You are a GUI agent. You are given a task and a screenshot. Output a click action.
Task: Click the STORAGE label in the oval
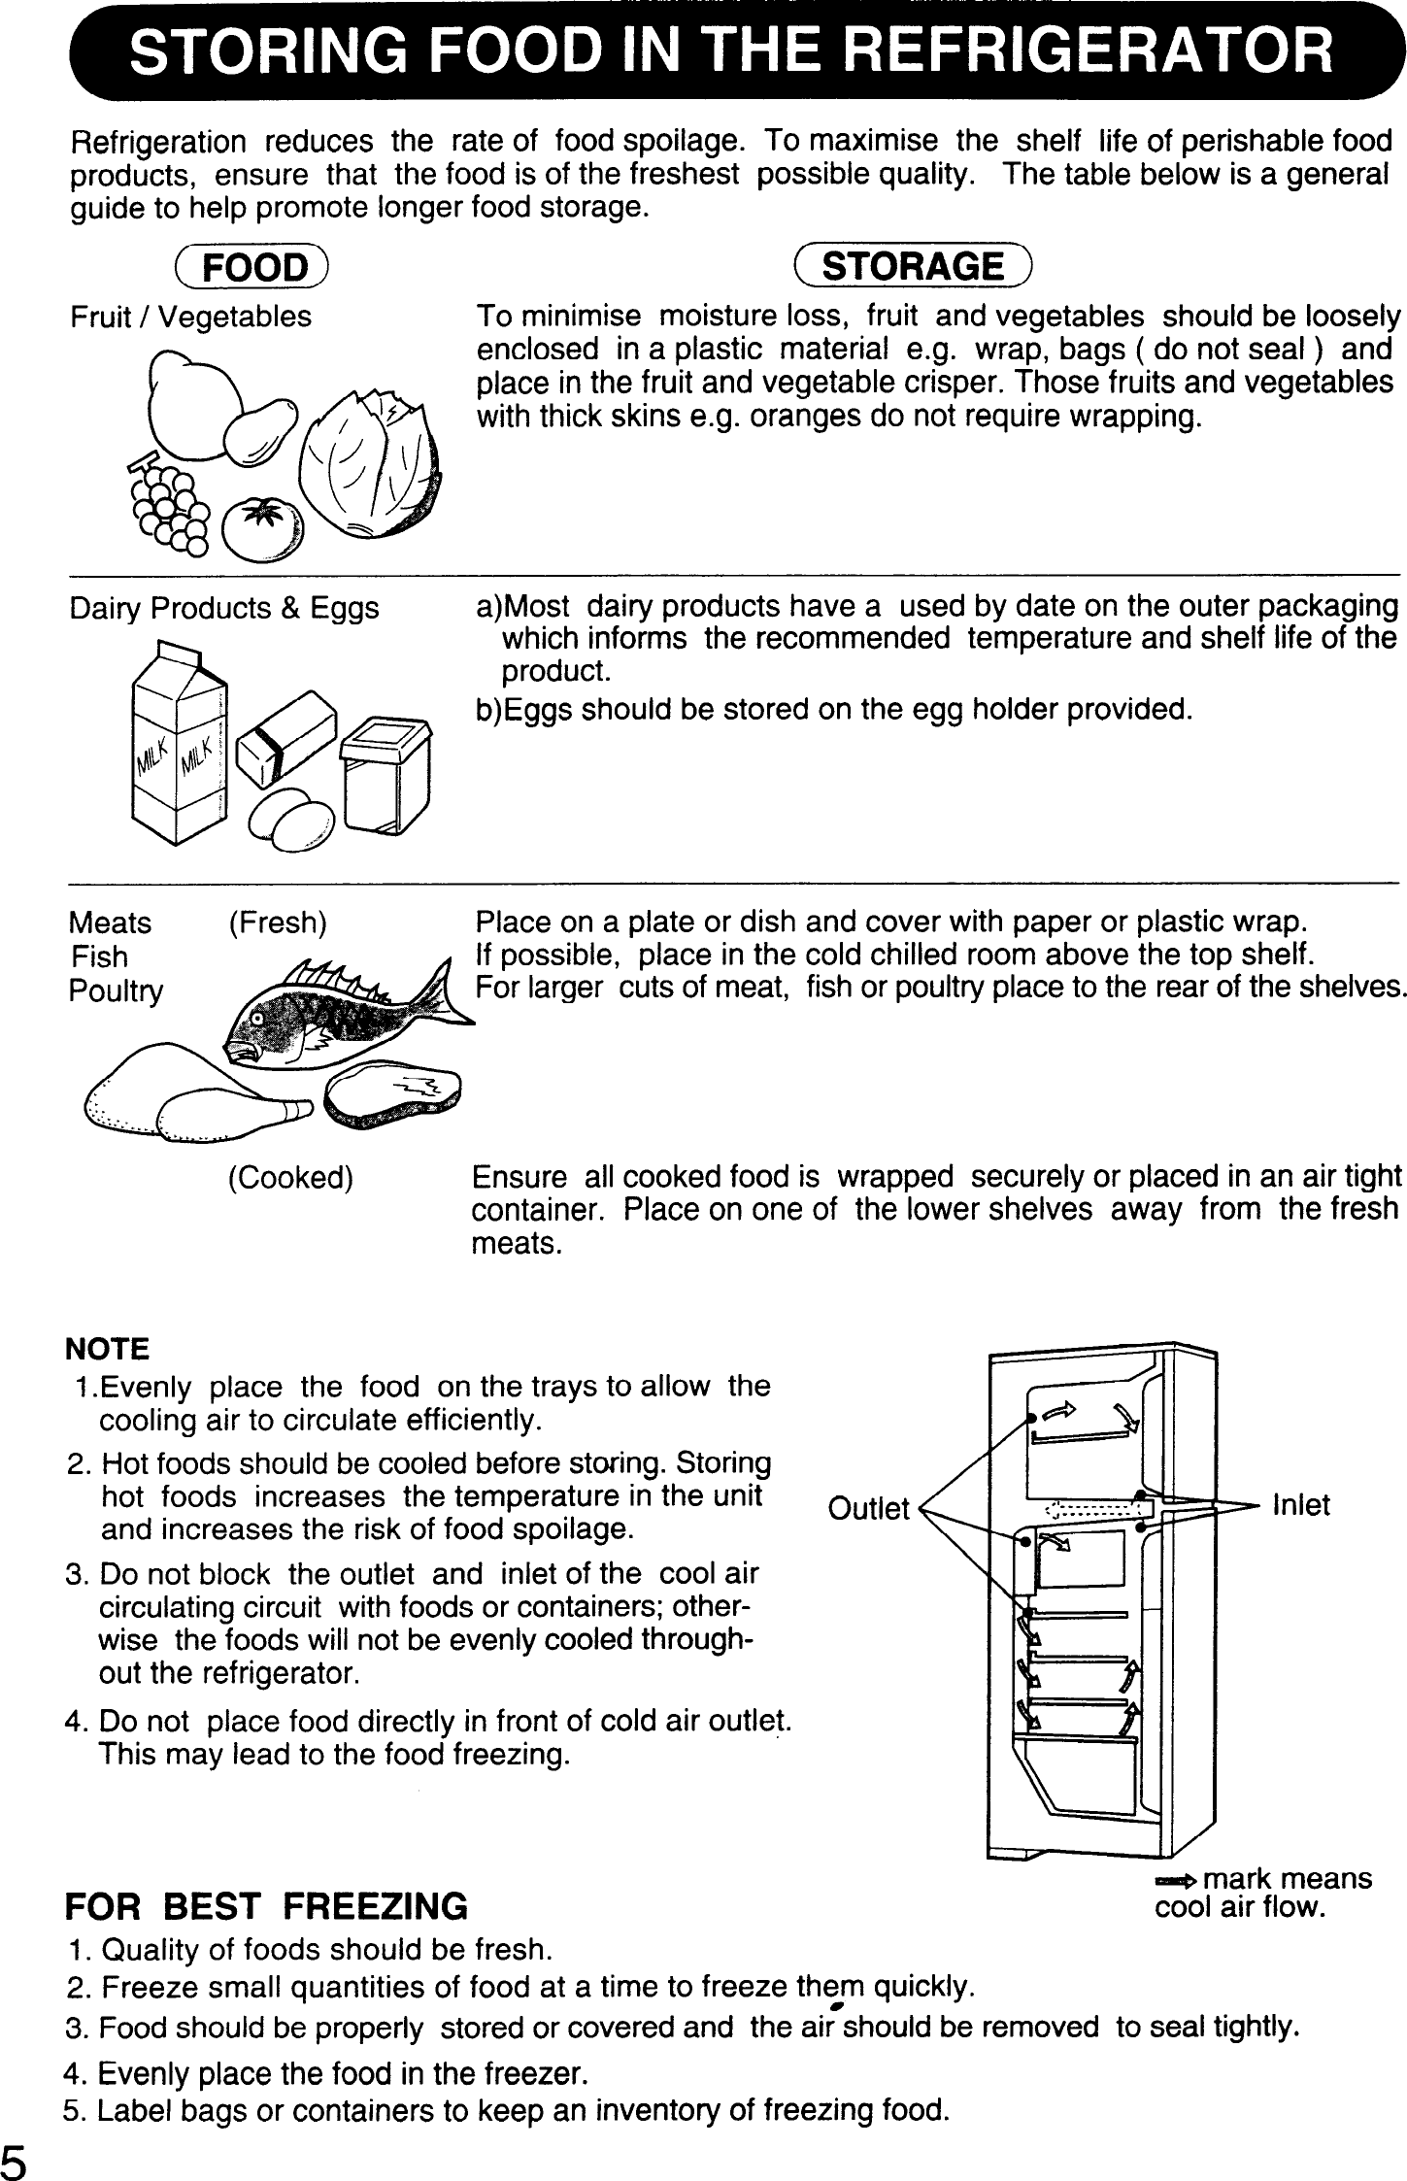tap(913, 266)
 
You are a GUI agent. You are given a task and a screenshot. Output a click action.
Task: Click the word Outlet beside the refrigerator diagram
tap(868, 1507)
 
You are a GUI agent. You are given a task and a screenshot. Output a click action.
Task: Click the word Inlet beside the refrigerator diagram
tap(1300, 1504)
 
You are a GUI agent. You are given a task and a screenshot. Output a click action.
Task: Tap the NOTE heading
tap(107, 1349)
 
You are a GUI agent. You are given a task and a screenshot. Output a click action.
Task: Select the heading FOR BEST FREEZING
tap(265, 1906)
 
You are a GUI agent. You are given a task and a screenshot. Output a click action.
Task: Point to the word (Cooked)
tap(289, 1178)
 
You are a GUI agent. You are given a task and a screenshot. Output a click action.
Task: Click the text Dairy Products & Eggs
tap(224, 609)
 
